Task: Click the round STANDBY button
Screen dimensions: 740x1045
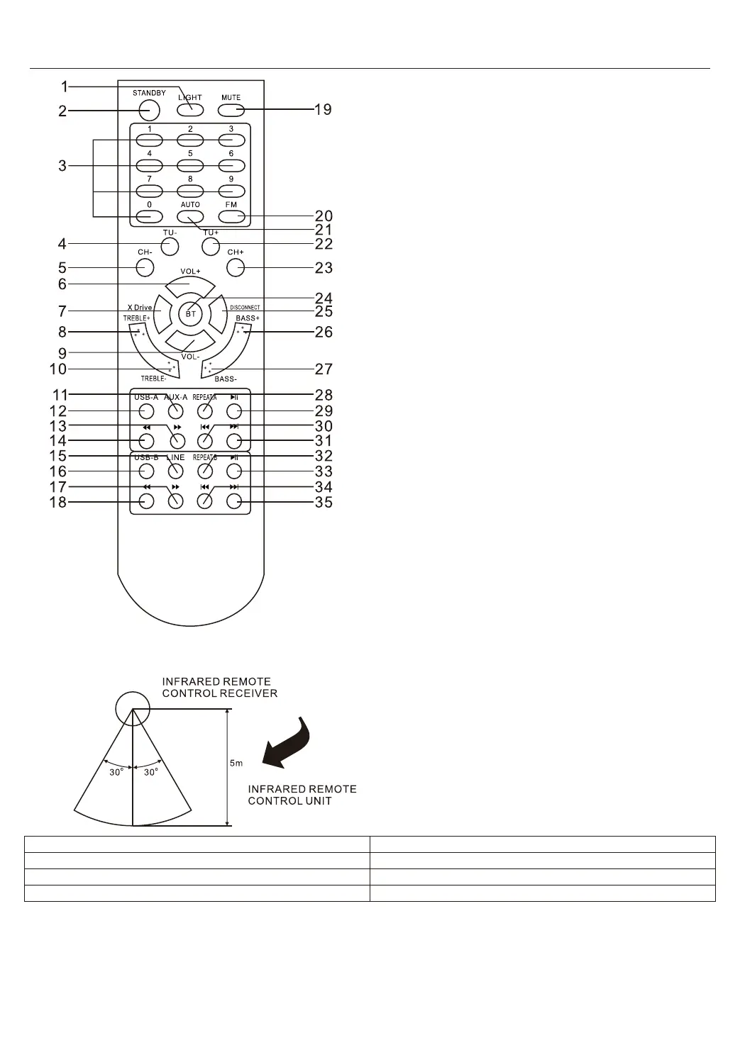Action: tap(149, 110)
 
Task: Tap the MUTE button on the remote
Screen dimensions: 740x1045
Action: tap(231, 110)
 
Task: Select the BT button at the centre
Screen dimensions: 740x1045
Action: tap(191, 313)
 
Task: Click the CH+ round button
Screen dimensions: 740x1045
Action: tap(235, 267)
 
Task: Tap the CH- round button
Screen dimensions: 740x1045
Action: tap(145, 267)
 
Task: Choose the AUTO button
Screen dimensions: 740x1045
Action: tap(190, 217)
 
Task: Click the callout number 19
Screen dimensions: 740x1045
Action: tap(323, 110)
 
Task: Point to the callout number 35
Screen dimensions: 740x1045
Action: tap(324, 503)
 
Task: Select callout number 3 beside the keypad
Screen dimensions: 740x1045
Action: tap(62, 167)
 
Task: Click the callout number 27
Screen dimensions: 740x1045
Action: tap(324, 369)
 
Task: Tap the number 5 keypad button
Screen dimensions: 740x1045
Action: tap(190, 165)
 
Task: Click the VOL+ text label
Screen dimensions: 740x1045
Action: tap(190, 272)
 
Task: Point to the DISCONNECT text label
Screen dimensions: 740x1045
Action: tap(245, 308)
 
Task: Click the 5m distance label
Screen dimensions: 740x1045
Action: tap(236, 764)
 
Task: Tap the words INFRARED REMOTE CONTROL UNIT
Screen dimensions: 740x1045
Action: tap(302, 795)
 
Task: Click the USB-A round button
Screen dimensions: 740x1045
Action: tap(146, 411)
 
